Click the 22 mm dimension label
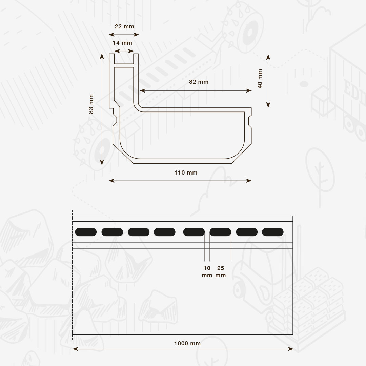[124, 27]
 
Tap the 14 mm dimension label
[122, 43]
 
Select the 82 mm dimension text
[199, 82]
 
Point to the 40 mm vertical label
[260, 79]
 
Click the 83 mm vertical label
[91, 104]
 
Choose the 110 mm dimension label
[186, 173]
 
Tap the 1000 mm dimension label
[187, 343]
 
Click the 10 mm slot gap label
[207, 272]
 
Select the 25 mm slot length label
[221, 272]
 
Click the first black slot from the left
[86, 232]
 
